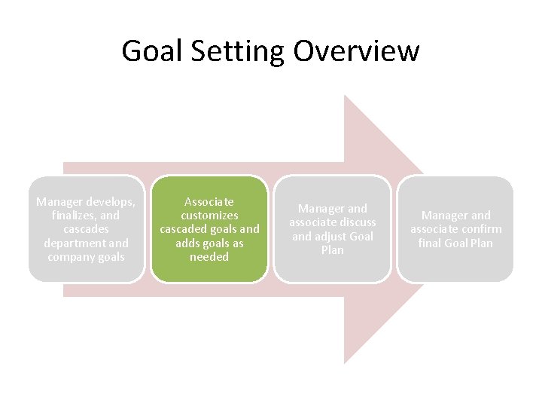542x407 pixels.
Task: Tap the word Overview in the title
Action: [x=356, y=51]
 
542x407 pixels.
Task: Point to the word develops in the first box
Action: [x=111, y=202]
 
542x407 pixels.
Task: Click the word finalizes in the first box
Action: [x=74, y=216]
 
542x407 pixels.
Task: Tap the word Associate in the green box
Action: [x=209, y=202]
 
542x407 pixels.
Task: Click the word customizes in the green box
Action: [x=209, y=216]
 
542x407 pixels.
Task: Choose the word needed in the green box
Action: [x=209, y=256]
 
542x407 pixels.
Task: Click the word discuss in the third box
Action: [x=356, y=222]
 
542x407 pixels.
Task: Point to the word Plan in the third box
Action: [x=333, y=249]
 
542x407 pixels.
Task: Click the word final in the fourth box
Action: [x=432, y=243]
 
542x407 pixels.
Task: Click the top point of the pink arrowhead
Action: [x=345, y=96]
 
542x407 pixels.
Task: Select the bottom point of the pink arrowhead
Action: [x=345, y=364]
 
